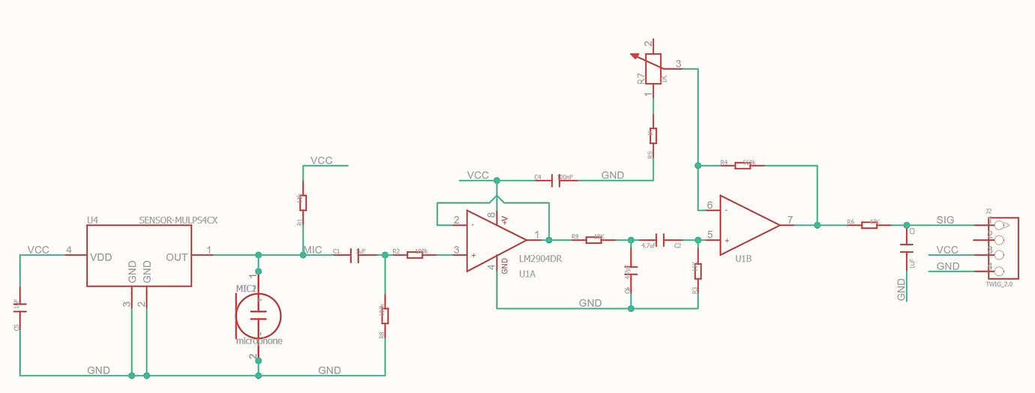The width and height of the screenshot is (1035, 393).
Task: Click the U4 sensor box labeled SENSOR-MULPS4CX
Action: click(139, 256)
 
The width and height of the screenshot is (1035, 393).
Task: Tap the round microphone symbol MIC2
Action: click(259, 315)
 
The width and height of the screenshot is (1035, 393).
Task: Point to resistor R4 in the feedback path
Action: click(742, 165)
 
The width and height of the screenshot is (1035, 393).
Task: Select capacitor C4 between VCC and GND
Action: click(554, 180)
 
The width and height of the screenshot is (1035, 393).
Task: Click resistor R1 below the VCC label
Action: click(303, 202)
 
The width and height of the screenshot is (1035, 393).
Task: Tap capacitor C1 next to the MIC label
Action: click(354, 256)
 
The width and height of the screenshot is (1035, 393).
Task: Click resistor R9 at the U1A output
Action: click(595, 240)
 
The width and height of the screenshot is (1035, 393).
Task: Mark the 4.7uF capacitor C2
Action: click(658, 240)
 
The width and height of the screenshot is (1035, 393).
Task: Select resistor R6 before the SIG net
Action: click(870, 225)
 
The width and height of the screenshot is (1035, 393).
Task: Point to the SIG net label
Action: click(945, 220)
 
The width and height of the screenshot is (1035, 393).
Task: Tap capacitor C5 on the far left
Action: click(20, 307)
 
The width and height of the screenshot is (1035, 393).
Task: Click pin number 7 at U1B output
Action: click(790, 220)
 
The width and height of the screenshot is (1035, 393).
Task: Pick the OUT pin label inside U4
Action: click(176, 257)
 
